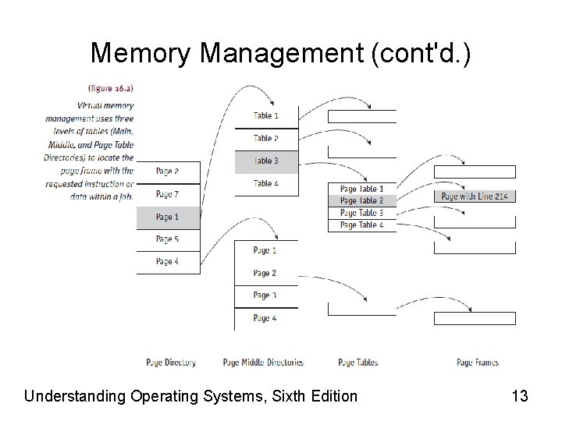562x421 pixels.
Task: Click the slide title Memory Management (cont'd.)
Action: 280,52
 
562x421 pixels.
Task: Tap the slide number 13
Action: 519,396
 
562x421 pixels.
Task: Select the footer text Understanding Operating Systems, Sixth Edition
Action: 190,396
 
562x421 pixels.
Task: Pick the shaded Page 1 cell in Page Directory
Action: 168,216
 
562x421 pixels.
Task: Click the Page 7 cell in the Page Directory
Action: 168,193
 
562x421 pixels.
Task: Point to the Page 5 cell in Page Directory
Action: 168,239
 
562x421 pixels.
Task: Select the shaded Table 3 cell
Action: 266,161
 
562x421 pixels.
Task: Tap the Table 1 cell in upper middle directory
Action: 266,115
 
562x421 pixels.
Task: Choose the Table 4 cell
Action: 266,183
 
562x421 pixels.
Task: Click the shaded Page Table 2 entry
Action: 361,200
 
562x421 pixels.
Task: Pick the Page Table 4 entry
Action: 361,225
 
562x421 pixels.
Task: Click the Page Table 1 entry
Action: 361,189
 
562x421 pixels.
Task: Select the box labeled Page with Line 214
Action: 475,196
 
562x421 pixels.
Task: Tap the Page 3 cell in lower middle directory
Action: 266,295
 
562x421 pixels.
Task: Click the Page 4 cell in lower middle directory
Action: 266,318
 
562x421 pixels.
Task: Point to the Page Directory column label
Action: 171,363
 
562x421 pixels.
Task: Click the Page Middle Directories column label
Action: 263,363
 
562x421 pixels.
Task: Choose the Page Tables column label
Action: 358,363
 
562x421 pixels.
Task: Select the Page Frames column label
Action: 478,363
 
